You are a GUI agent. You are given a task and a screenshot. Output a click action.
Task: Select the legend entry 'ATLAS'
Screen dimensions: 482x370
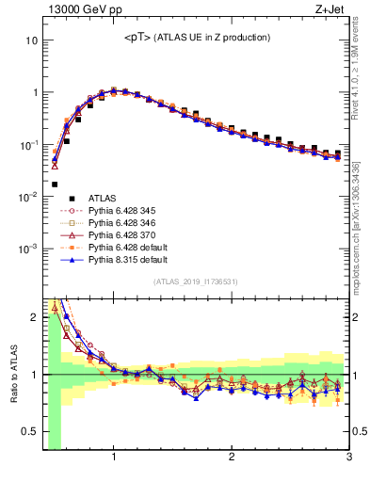104,198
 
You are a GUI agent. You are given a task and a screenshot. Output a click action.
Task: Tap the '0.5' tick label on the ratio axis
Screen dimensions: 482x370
30,432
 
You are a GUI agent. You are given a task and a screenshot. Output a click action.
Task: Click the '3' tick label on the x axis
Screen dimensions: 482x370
347,458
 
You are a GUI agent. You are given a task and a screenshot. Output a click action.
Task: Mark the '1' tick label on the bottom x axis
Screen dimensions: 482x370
114,458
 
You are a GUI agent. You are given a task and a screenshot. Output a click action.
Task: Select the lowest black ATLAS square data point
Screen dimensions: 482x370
54,185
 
